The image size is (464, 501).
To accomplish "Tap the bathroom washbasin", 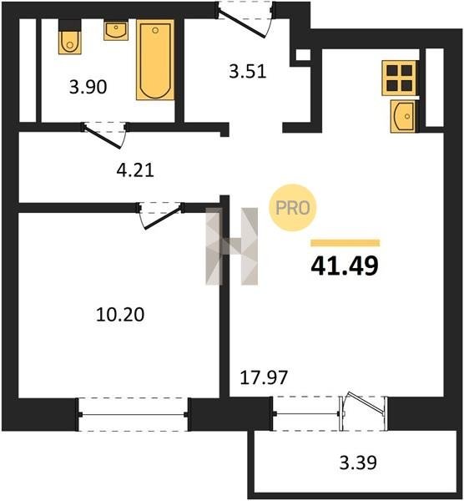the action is coord(116,30).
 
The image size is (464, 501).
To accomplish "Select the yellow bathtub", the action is coord(155,60).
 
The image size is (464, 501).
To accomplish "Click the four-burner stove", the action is coord(399,78).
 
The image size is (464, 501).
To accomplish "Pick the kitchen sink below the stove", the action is coord(403,116).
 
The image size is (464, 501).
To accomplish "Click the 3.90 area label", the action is coord(88,87).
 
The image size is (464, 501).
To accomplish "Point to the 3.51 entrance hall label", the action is coord(248,71).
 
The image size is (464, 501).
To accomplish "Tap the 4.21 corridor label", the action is coord(135,170).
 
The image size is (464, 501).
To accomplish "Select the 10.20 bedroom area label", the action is coord(120,314).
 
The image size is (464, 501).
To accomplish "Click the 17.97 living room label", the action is coord(264,377).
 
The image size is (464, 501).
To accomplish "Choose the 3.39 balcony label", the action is coord(358,463).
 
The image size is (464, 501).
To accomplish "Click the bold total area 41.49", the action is coord(345,266).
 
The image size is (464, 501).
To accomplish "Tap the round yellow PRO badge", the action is coord(293,208).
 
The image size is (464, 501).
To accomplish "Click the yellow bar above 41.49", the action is coord(345,243).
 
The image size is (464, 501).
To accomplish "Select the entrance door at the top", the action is coord(245,19).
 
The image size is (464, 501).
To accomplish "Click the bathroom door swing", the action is coord(105,135).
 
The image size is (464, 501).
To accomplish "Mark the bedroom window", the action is coord(133,415).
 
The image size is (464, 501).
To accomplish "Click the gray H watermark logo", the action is coord(231,246).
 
